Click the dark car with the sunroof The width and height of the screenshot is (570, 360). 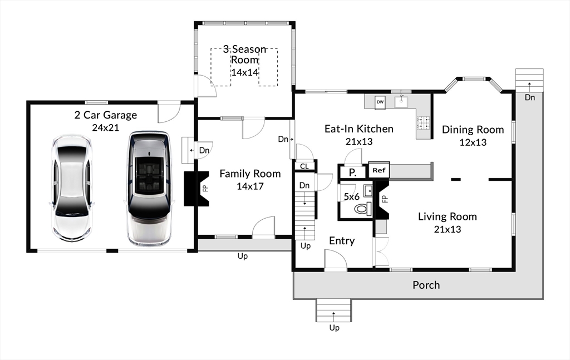coord(149,189)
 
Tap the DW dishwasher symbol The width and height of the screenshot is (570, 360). coord(380,102)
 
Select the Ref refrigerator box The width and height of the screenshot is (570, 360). coord(379,170)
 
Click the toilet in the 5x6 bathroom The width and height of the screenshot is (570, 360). coord(362,209)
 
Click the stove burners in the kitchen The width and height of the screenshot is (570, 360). coord(423,122)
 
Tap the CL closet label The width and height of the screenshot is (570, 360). coord(304,166)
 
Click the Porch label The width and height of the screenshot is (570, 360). coord(426,285)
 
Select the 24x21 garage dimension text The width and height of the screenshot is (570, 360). coord(105,127)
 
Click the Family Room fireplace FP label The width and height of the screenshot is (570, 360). coord(205,188)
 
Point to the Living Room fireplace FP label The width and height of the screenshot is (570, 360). coord(385,199)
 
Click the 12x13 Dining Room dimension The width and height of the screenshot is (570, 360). coord(473,142)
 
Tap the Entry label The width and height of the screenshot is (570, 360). coord(342,241)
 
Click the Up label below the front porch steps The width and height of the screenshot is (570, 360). coord(334,328)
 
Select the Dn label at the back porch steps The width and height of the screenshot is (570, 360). coord(530,97)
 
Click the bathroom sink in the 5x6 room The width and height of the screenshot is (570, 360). coord(368,190)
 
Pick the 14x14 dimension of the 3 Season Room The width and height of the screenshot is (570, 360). coord(245,72)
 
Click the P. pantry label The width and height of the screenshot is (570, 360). coord(352,172)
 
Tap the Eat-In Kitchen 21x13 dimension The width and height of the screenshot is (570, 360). coord(359,142)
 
